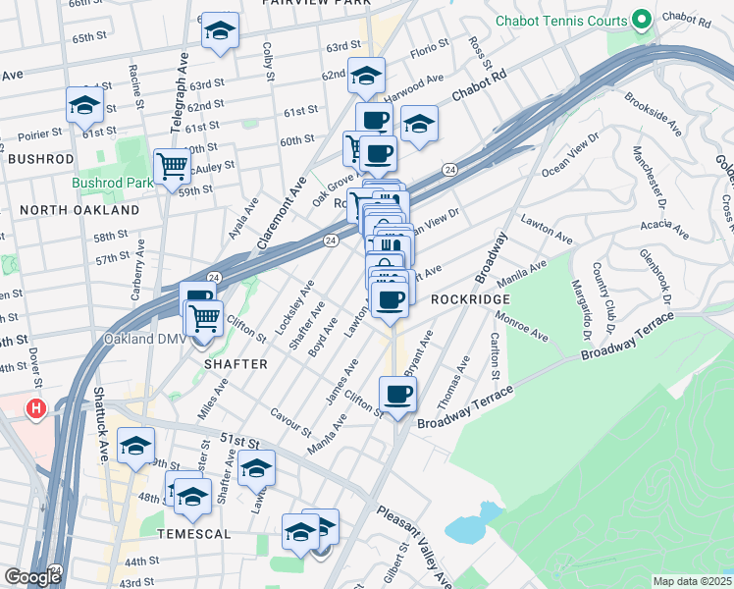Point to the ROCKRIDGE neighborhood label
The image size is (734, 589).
[470, 298]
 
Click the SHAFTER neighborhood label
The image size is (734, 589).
[236, 363]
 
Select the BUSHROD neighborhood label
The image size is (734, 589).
[40, 158]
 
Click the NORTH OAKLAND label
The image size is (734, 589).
[79, 210]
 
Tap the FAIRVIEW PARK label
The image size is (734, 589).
[316, 3]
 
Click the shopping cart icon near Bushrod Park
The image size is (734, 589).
[172, 166]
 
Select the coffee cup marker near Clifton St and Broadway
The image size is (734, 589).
[397, 395]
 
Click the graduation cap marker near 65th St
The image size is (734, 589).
[220, 31]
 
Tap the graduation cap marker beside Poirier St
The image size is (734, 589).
[84, 104]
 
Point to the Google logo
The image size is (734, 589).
[32, 576]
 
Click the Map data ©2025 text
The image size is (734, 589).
[693, 581]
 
